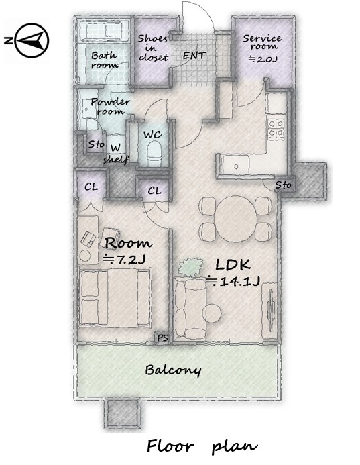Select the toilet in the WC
click(154, 153)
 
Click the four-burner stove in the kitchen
click(276, 129)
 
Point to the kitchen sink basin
click(236, 166)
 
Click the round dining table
click(235, 219)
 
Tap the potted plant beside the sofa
click(190, 267)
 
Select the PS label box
click(162, 338)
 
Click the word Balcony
click(173, 370)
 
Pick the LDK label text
click(233, 264)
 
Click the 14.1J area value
click(233, 281)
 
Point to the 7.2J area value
click(124, 260)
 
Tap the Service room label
click(262, 42)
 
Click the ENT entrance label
click(194, 56)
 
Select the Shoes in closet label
click(154, 48)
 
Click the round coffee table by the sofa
click(212, 313)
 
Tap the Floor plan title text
click(202, 446)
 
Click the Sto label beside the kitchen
click(283, 185)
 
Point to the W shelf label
click(116, 154)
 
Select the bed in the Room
click(115, 298)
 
